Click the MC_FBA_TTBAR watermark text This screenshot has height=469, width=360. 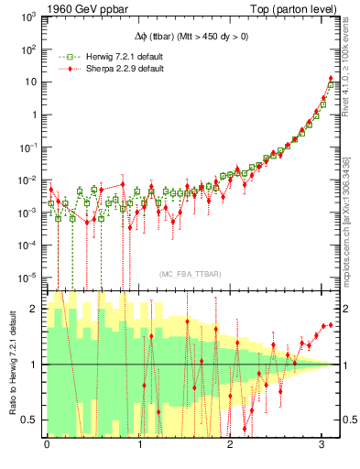[x=191, y=275]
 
